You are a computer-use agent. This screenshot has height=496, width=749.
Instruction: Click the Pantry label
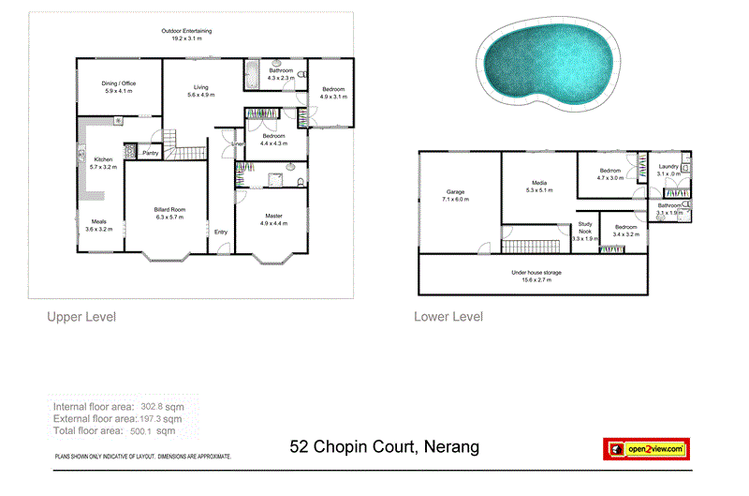pos(149,152)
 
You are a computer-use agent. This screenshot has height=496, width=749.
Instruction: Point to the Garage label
pos(456,191)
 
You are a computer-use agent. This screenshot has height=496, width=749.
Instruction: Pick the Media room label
pos(539,182)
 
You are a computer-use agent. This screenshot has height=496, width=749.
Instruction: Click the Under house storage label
pos(536,272)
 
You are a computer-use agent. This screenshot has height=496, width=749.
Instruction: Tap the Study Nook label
pos(585,226)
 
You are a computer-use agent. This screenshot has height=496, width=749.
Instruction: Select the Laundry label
pos(668,166)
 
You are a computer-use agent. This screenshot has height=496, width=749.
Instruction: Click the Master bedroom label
pos(273,216)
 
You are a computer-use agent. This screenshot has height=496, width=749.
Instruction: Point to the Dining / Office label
pos(119,83)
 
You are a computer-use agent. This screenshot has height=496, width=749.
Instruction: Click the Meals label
pos(98,221)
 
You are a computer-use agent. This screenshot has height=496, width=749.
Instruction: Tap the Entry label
pos(220,232)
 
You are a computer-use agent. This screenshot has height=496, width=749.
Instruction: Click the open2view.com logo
pos(646,449)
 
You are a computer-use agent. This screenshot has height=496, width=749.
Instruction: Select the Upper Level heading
pos(81,317)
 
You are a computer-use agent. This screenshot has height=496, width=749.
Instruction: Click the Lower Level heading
pos(448,317)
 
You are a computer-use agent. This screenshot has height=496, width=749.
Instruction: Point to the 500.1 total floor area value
pos(166,432)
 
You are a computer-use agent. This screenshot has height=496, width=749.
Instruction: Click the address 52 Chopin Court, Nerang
pos(385,446)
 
